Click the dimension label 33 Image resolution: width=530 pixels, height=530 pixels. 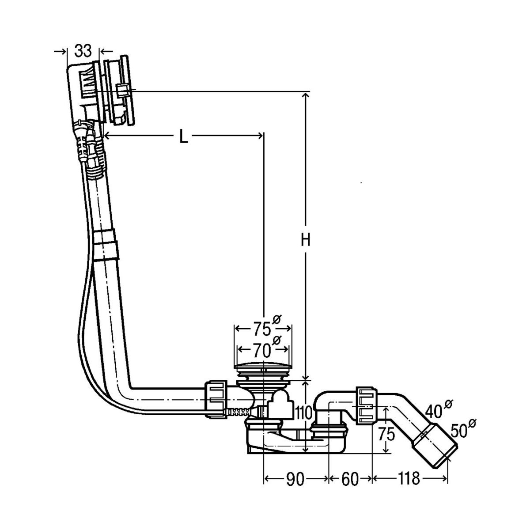83,51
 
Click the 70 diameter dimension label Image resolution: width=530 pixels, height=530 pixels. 262,350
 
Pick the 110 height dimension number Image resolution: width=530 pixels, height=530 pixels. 304,413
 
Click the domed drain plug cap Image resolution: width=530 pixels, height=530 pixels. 262,367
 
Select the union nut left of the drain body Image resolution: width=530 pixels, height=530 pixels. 216,397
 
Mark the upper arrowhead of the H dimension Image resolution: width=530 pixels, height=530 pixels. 305,95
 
